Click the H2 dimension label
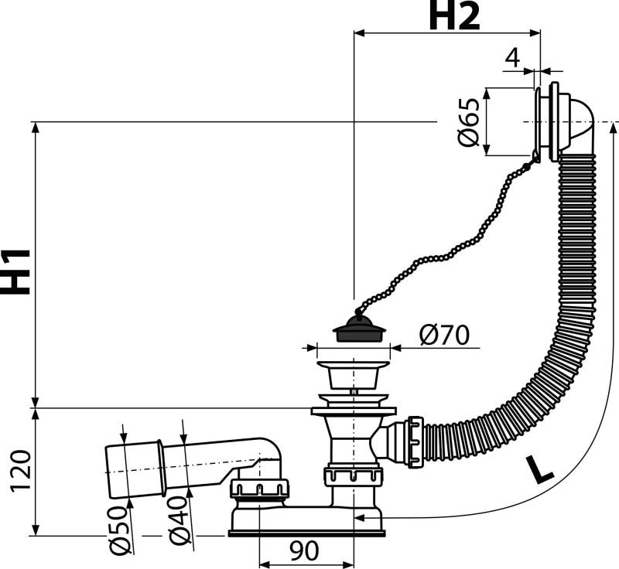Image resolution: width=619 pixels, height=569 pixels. tap(453, 18)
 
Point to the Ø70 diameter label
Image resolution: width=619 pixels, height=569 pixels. tap(443, 336)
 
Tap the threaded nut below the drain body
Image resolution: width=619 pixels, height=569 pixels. tap(354, 475)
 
